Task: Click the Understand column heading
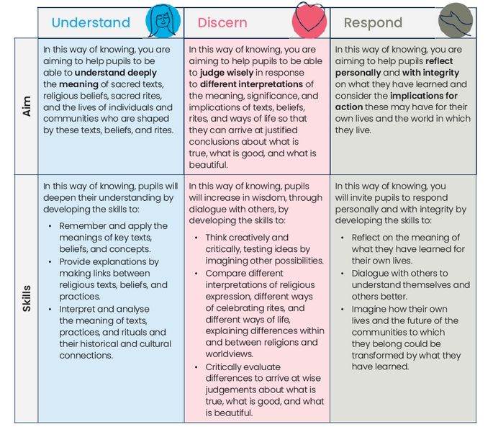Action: [x=91, y=22]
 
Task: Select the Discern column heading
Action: [x=222, y=22]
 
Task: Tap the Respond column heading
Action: [x=373, y=23]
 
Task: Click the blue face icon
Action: [x=163, y=21]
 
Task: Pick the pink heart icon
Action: [x=309, y=20]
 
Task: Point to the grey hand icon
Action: [x=456, y=20]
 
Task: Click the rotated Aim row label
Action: [x=27, y=107]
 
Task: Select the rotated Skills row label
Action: [x=27, y=299]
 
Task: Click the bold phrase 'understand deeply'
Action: [x=116, y=73]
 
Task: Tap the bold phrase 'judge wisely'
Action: [x=227, y=73]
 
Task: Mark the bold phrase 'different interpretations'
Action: [x=251, y=84]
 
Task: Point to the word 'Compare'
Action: [x=224, y=274]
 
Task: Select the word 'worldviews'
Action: [x=229, y=354]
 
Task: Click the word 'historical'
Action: [x=99, y=344]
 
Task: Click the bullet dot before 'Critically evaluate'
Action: [x=196, y=367]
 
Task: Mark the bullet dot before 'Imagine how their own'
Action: [x=343, y=310]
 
